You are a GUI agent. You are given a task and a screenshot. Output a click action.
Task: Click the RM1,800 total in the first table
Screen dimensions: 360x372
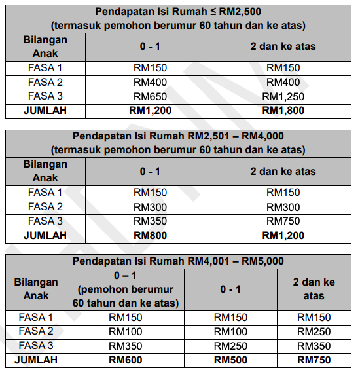(283, 111)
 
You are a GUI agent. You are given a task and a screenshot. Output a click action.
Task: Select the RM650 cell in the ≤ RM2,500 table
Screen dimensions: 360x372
(150, 96)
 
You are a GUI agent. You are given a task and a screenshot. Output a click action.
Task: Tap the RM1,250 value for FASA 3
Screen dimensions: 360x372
(283, 96)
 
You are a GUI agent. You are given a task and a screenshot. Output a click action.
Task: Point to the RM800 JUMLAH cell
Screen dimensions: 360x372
(150, 235)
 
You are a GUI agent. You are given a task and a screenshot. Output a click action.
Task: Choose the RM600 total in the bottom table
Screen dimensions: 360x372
(125, 360)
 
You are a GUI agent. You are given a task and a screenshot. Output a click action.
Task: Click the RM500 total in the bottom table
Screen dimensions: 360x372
(230, 360)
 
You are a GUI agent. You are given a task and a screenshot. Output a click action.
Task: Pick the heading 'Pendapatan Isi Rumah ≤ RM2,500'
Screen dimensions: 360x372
(179, 12)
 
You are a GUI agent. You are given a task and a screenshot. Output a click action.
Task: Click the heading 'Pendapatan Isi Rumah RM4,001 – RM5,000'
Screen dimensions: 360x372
(179, 261)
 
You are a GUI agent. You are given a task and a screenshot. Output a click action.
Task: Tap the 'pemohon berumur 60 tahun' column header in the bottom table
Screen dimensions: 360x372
(125, 289)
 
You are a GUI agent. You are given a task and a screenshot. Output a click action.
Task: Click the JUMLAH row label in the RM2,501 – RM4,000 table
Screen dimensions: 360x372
(46, 235)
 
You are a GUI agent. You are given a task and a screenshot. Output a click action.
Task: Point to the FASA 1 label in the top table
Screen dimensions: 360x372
(46, 68)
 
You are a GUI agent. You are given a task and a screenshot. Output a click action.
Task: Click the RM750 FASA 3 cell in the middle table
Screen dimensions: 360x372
(283, 221)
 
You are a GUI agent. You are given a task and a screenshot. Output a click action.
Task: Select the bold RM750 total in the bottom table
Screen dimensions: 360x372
(314, 360)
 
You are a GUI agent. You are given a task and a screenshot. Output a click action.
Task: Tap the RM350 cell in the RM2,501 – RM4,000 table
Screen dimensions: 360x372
(150, 221)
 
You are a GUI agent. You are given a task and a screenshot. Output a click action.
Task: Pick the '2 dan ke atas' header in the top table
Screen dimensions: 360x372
(283, 47)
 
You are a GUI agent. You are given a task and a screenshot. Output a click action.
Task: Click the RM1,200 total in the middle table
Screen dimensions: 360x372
(283, 235)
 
